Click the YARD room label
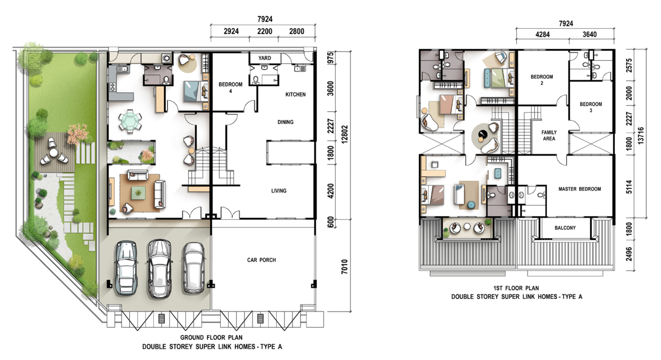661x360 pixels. click(265, 58)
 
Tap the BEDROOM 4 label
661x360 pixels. click(230, 87)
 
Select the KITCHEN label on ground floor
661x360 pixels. click(295, 94)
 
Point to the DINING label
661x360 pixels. click(286, 122)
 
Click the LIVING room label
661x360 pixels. click(279, 191)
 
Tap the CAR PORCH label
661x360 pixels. click(261, 260)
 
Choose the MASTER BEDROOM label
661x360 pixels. click(580, 189)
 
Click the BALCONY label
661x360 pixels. click(565, 228)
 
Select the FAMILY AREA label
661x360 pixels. click(549, 135)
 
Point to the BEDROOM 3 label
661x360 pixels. click(591, 107)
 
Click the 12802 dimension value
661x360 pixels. click(344, 135)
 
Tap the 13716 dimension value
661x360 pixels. click(641, 136)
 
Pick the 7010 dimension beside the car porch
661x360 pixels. click(344, 267)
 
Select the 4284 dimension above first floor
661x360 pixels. click(542, 35)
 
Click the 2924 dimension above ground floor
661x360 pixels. click(231, 31)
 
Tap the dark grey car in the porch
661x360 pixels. click(126, 268)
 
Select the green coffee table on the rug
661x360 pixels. click(138, 193)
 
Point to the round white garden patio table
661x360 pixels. click(53, 153)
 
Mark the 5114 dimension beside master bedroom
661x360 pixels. click(629, 187)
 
